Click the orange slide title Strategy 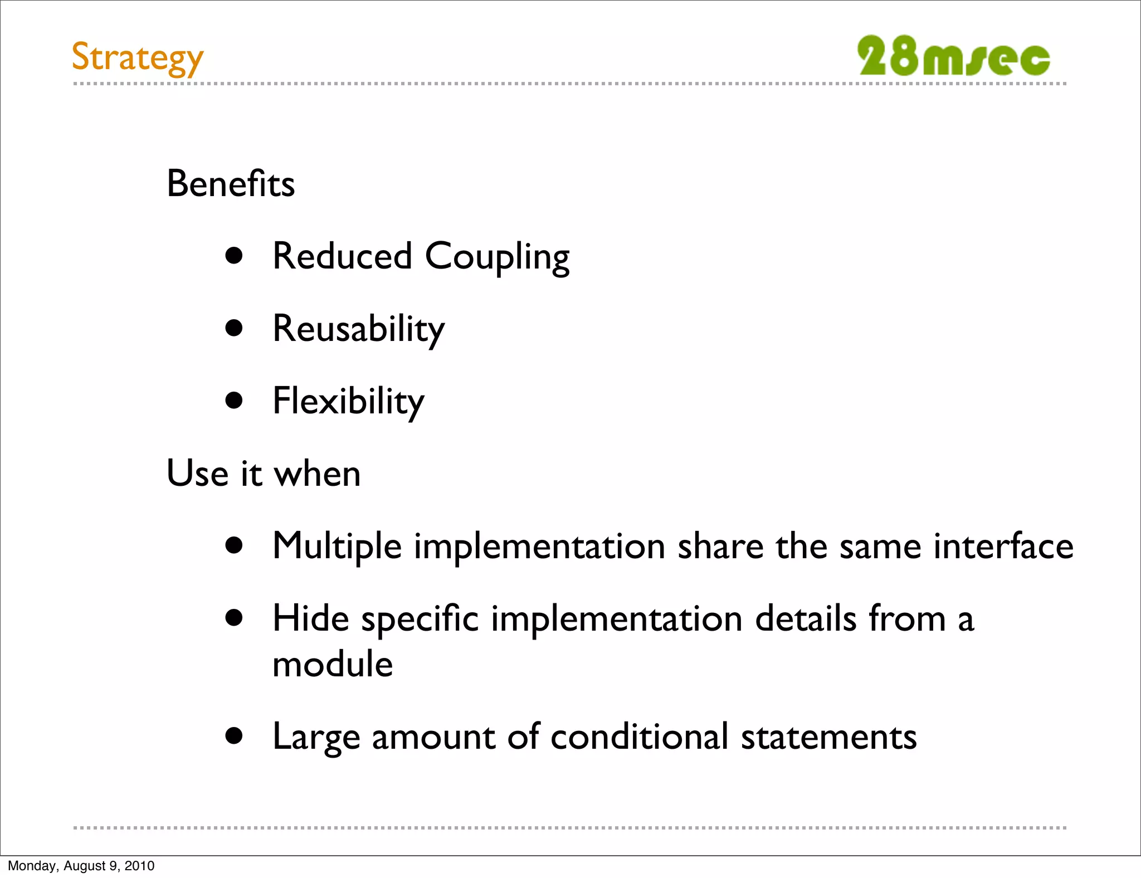138,58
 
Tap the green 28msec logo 953,56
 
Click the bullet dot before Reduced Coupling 235,256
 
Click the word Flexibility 348,401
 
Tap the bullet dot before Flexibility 235,401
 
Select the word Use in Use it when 197,474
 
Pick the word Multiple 337,547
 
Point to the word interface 1003,546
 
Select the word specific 420,620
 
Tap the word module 333,665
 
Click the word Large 316,737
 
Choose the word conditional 639,736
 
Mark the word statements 828,737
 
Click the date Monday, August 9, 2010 81,866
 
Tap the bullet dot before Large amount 235,735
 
